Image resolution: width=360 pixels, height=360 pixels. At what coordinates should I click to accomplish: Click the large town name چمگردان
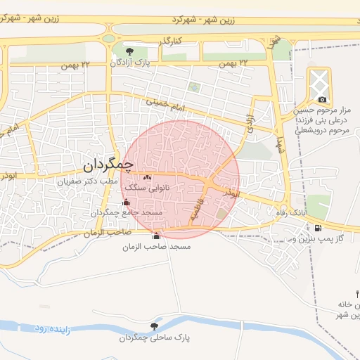[112, 165]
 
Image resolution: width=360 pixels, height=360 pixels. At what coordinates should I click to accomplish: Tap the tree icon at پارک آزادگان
[129, 51]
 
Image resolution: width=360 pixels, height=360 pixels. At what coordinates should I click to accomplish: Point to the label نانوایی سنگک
[145, 188]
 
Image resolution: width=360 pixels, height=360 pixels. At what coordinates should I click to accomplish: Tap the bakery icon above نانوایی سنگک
[148, 178]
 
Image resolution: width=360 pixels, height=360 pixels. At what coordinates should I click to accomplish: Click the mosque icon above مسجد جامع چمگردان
[127, 202]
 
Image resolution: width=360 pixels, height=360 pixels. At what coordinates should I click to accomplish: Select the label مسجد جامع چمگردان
[127, 212]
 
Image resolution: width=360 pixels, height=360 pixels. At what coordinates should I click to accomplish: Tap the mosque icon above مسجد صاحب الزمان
[156, 236]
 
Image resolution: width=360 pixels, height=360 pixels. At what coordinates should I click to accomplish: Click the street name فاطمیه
[195, 210]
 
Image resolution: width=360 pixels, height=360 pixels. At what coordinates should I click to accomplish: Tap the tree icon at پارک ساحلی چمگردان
[154, 326]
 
